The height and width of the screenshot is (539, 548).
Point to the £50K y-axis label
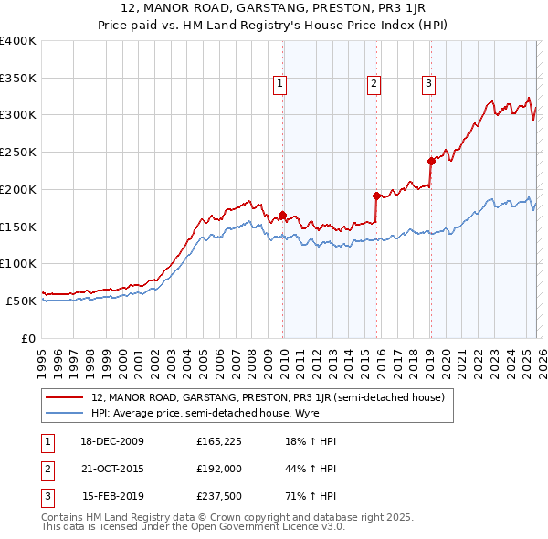(x=21, y=301)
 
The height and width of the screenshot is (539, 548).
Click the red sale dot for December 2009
(x=283, y=216)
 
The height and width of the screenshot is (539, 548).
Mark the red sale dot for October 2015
(x=376, y=195)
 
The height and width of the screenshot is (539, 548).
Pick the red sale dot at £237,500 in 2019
(x=430, y=161)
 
